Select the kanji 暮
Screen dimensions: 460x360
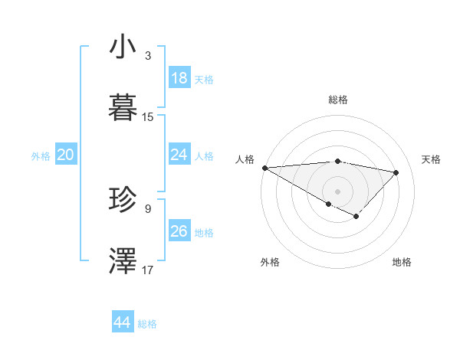[x=123, y=107]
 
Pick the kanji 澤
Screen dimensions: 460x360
[x=123, y=260]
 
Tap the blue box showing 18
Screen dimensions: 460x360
[x=179, y=78]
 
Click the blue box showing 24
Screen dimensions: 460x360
[x=179, y=155]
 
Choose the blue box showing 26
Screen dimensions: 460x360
[x=179, y=231]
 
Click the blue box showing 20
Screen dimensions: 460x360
[x=66, y=155]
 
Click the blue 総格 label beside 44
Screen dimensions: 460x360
[x=147, y=324]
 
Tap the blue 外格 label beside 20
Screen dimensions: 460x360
[x=41, y=156]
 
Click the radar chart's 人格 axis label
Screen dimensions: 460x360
[x=245, y=159]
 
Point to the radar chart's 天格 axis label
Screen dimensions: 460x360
[x=431, y=159]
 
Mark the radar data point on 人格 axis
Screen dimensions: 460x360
[x=264, y=168]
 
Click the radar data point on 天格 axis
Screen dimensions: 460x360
[x=396, y=172]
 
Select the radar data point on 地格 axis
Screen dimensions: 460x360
[x=356, y=217]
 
